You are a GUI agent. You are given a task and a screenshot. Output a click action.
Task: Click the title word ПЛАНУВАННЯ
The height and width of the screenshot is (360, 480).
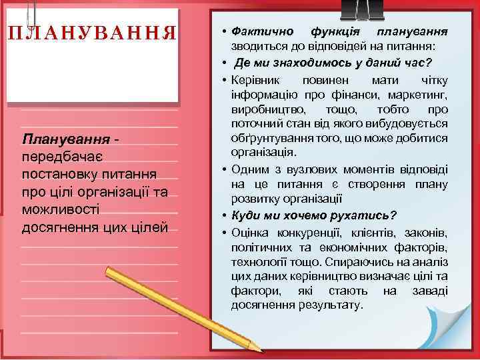tap(93, 33)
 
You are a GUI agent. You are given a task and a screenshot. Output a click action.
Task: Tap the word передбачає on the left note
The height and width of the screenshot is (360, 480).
tap(61, 157)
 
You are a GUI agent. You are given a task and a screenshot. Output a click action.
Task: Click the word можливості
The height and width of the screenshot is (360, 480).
tap(60, 209)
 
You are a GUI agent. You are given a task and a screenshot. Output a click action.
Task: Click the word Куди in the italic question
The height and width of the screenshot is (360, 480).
tap(246, 215)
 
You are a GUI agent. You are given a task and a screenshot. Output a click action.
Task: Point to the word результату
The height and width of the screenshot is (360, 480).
tap(331, 306)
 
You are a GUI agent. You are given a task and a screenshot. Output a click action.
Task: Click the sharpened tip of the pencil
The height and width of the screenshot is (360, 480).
tap(261, 348)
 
